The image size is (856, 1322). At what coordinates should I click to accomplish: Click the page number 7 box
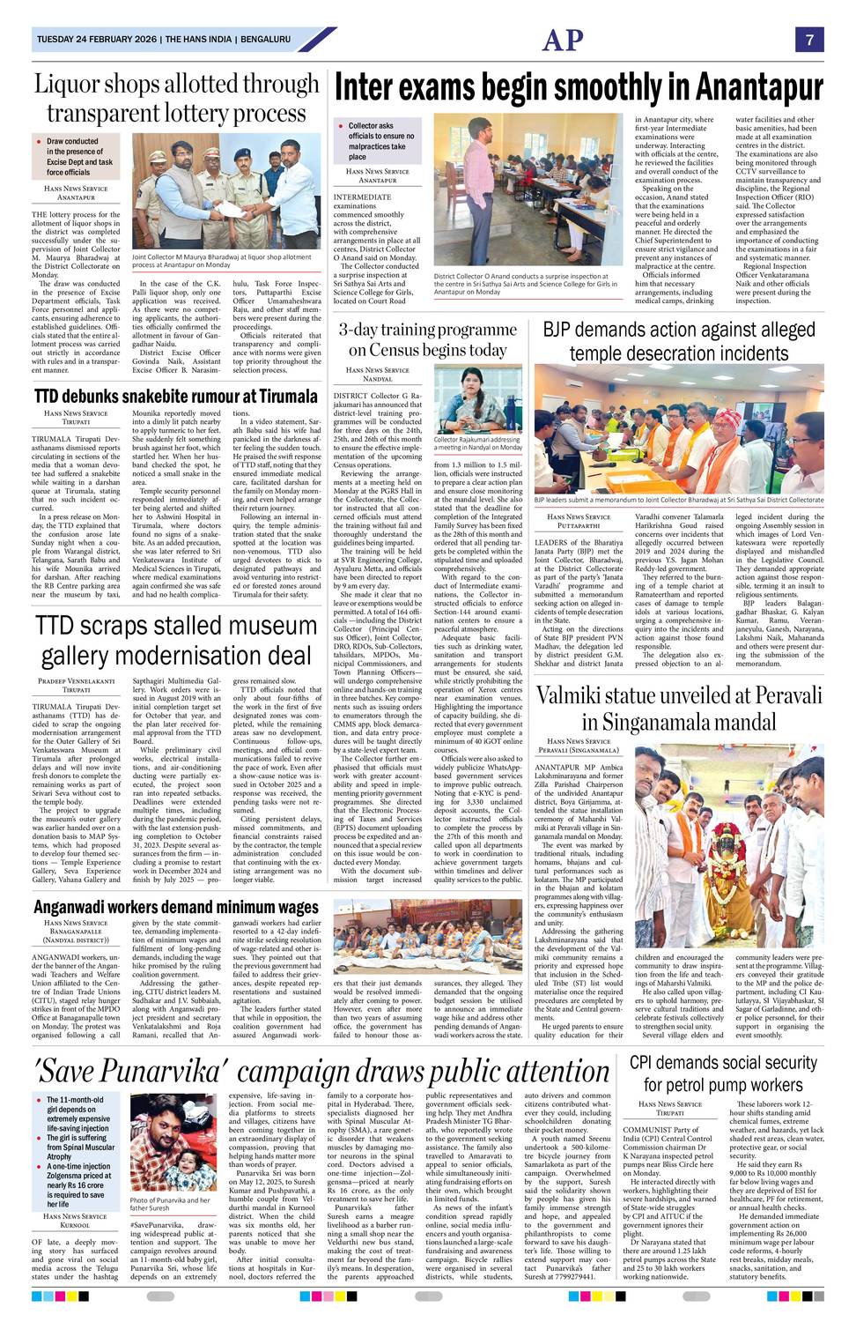point(808,40)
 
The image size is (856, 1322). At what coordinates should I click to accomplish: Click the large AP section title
point(563,40)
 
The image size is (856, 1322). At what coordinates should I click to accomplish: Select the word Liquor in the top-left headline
point(72,85)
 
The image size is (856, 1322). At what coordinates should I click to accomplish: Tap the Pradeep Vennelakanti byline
point(77,680)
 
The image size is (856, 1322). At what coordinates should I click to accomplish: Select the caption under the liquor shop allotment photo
point(221,261)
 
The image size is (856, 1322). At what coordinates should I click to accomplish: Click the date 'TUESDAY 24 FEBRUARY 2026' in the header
point(97,40)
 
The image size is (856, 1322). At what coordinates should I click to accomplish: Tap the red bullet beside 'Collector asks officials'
point(340,126)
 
